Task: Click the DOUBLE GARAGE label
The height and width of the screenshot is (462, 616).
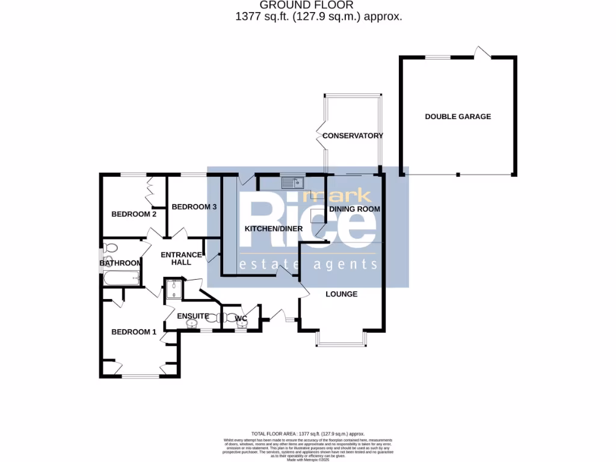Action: pyautogui.click(x=458, y=117)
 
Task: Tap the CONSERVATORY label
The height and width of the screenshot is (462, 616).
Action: pyautogui.click(x=353, y=136)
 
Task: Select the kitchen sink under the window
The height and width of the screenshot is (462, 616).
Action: pyautogui.click(x=294, y=182)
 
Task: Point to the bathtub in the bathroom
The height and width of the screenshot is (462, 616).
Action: pyautogui.click(x=120, y=279)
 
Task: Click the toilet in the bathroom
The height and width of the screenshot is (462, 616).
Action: pyautogui.click(x=110, y=248)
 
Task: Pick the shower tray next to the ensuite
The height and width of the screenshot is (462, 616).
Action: pyautogui.click(x=174, y=289)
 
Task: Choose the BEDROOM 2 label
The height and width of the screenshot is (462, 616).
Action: pyautogui.click(x=134, y=214)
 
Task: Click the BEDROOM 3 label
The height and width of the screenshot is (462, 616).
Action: pyautogui.click(x=194, y=207)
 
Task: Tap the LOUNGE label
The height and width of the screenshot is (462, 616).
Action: pyautogui.click(x=341, y=294)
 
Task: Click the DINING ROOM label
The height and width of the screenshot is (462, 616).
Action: pyautogui.click(x=354, y=209)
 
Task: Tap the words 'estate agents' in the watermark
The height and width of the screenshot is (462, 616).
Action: pyautogui.click(x=308, y=265)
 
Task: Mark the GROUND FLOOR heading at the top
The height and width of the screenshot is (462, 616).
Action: pyautogui.click(x=319, y=5)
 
